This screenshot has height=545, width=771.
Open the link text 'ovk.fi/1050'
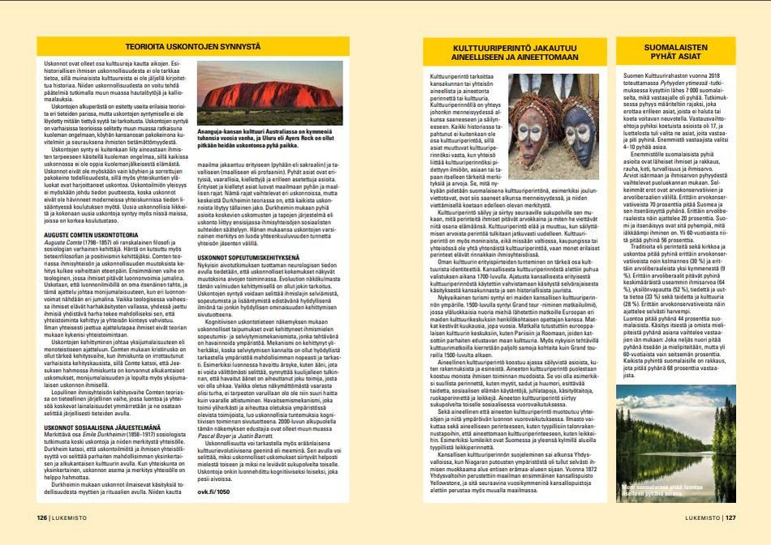click(213, 491)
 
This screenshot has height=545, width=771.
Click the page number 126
click(41, 516)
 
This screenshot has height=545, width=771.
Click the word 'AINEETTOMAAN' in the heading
click(543, 62)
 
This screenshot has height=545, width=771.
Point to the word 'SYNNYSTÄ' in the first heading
click(254, 46)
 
